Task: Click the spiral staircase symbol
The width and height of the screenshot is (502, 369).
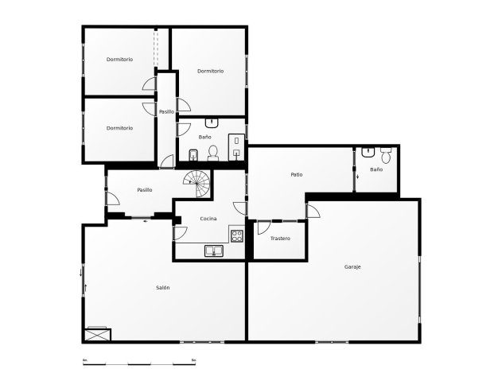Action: [x=199, y=185]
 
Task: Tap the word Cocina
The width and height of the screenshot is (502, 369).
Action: [x=208, y=218]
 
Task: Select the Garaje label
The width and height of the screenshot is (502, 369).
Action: [x=352, y=266]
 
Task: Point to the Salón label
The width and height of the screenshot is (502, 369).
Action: [x=162, y=287]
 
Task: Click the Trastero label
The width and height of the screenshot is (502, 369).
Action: [x=280, y=239]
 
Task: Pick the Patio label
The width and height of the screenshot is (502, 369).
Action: [x=296, y=174]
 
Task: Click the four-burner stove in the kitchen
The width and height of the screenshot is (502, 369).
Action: [x=236, y=235]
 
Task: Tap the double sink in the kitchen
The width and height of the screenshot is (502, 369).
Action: [x=214, y=251]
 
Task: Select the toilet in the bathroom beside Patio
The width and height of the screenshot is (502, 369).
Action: [x=386, y=155]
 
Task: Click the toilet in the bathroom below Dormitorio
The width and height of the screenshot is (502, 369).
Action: [x=212, y=151]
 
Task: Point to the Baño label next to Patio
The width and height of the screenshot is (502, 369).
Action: [x=376, y=169]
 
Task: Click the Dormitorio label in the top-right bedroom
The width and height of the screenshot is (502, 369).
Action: [x=210, y=71]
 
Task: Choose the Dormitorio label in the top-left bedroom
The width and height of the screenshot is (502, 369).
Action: [x=119, y=60]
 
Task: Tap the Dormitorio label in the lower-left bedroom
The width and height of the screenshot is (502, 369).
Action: [x=119, y=128]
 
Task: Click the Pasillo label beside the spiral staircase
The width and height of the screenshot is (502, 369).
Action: [x=144, y=189]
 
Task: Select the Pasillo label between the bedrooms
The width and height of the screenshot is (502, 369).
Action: [x=166, y=111]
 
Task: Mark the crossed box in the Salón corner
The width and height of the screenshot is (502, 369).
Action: [x=98, y=334]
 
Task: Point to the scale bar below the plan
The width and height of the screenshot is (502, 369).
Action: [x=138, y=363]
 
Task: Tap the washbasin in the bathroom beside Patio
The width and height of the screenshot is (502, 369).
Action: [x=368, y=151]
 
